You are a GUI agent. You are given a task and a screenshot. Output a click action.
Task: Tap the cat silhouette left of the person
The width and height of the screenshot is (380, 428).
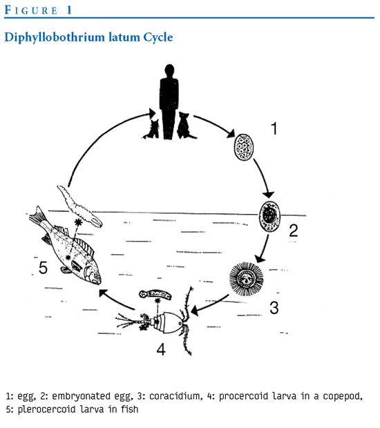(x=153, y=129)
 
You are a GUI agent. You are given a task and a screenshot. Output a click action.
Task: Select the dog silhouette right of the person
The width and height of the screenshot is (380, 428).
(x=185, y=126)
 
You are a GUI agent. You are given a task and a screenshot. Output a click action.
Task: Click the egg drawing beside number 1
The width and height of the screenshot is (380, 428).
(x=244, y=148)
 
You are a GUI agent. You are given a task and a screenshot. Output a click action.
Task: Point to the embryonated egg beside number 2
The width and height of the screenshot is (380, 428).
(x=270, y=217)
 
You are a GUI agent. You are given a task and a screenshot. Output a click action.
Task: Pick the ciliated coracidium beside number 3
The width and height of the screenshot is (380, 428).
(x=247, y=279)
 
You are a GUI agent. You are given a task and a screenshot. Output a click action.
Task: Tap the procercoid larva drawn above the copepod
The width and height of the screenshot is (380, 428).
(x=155, y=294)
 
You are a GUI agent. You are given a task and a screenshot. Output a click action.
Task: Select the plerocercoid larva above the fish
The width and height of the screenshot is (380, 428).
(x=79, y=206)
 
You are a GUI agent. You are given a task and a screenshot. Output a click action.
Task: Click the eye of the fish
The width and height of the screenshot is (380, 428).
(x=95, y=276)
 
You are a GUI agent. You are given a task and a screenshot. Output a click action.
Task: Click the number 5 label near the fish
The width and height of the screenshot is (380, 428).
(x=43, y=268)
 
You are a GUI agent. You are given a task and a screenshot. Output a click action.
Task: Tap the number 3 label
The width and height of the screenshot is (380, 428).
(x=274, y=308)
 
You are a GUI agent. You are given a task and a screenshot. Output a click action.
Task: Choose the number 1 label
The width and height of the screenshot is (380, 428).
(x=274, y=128)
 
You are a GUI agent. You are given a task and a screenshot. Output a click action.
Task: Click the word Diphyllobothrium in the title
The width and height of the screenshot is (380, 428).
(x=55, y=37)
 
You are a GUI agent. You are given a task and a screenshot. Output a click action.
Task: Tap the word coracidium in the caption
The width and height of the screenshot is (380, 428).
(x=175, y=396)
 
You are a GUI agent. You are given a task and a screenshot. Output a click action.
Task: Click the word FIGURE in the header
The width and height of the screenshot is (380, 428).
(x=31, y=10)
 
